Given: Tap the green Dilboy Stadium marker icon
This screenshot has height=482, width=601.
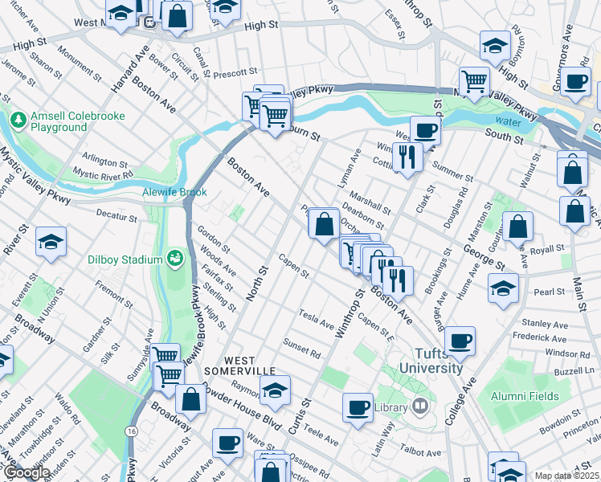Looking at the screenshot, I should click(x=174, y=258).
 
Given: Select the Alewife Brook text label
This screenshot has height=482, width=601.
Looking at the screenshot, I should click(x=175, y=193).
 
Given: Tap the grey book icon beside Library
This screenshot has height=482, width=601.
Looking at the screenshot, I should click(x=419, y=407).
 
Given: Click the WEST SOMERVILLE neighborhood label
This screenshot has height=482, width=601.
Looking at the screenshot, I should click(x=239, y=365).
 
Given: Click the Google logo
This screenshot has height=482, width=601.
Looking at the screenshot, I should click(x=27, y=472).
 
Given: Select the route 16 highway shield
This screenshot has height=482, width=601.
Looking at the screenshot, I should click(x=129, y=431).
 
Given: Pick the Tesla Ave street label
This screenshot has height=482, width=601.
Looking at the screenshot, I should click(x=316, y=318).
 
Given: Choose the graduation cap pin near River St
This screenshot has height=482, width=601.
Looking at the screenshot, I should click(x=51, y=243).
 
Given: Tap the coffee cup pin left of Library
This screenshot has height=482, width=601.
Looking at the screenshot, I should click(x=358, y=406).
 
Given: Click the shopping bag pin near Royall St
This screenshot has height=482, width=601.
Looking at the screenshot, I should click(x=518, y=227).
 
